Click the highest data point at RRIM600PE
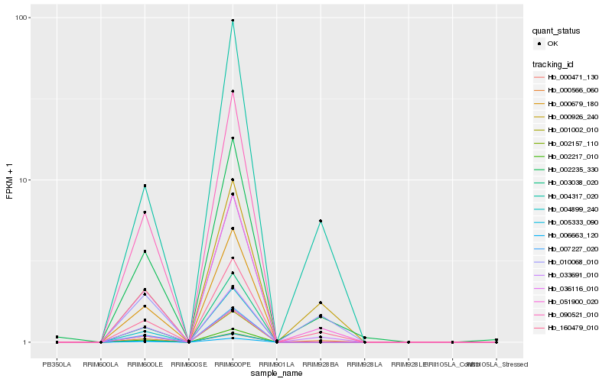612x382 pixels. (x=233, y=21)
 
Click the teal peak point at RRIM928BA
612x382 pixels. (x=321, y=221)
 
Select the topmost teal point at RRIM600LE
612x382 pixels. (x=145, y=186)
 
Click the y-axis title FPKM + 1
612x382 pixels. (x=10, y=182)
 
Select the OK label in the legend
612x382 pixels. (x=552, y=44)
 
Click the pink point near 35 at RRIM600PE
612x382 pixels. (x=233, y=92)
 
